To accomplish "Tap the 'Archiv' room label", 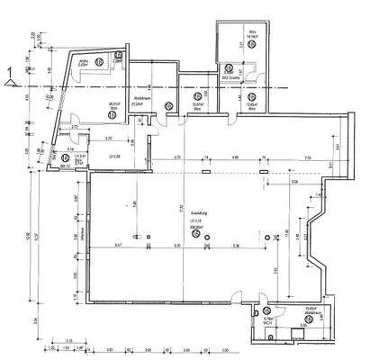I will click(82, 61).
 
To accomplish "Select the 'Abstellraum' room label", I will click(140, 96).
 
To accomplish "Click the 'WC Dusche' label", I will click(232, 77).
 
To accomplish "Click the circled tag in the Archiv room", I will click(120, 54).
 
